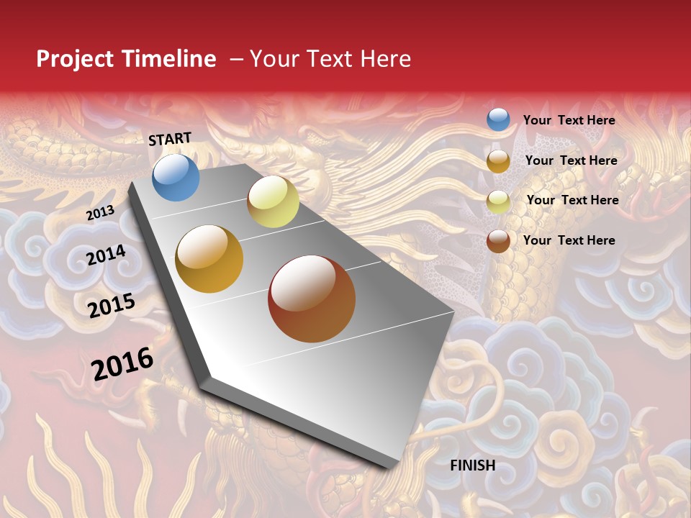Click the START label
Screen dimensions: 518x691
point(170,139)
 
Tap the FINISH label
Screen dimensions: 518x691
point(472,465)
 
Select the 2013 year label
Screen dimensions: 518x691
point(100,212)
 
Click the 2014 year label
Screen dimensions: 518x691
point(106,255)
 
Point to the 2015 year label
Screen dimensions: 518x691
point(112,305)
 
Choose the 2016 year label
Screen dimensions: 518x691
point(122,363)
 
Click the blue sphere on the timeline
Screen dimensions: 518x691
point(176,177)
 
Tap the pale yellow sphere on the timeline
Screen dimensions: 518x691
point(273,201)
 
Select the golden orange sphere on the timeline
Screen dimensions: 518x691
point(209,259)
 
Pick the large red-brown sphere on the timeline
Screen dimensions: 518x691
point(312,299)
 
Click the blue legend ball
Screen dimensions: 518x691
point(498,119)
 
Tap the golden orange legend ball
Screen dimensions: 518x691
point(498,161)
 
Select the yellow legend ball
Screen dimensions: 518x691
point(498,201)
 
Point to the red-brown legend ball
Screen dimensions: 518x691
point(498,241)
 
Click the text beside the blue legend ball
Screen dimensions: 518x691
point(569,120)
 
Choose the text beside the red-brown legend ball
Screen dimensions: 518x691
point(569,240)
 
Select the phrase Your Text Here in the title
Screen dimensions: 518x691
point(330,59)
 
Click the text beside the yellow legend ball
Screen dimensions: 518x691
point(572,200)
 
